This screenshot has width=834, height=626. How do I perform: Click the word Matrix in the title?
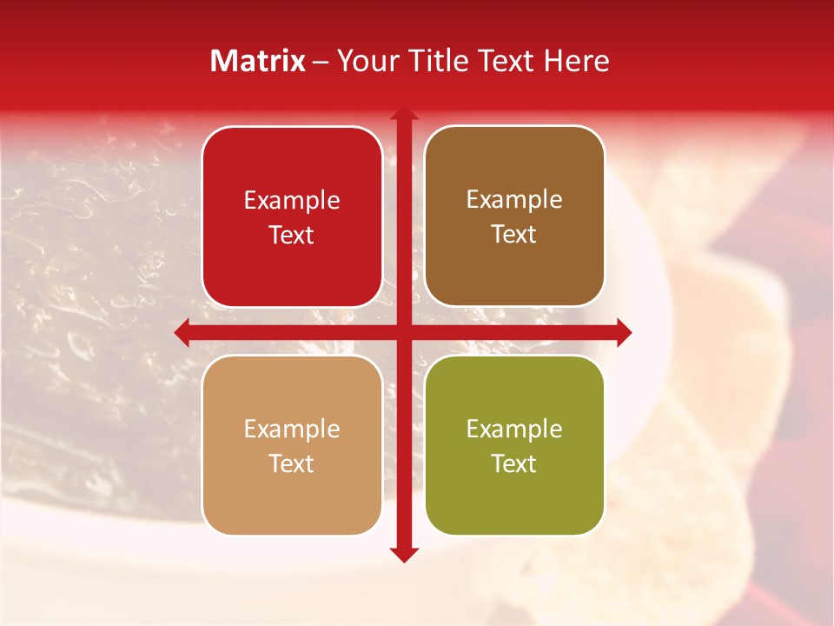click(x=257, y=61)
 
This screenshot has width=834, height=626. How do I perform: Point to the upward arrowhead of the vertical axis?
click(x=403, y=116)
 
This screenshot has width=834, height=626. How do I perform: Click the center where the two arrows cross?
click(x=403, y=332)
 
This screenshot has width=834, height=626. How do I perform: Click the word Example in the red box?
click(x=292, y=200)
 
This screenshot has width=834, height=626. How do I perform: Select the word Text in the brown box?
click(x=514, y=235)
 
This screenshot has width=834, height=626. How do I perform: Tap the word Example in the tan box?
click(x=292, y=429)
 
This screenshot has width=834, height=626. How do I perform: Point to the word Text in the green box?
click(x=514, y=463)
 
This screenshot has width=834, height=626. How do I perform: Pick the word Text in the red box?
click(x=292, y=235)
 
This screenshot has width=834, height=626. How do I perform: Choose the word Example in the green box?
click(x=514, y=429)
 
